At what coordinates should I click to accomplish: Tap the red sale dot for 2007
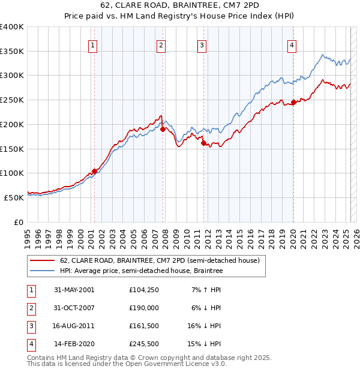[x=163, y=128]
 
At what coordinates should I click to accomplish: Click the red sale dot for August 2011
[x=203, y=143]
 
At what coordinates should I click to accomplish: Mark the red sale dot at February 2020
[x=293, y=102]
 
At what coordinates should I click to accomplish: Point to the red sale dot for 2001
[x=94, y=171]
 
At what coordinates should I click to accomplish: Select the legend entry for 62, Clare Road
[x=160, y=260]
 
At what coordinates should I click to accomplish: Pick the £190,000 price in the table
[x=143, y=308]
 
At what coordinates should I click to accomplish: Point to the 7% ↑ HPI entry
[x=207, y=290]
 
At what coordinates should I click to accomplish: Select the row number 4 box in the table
[x=31, y=344]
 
